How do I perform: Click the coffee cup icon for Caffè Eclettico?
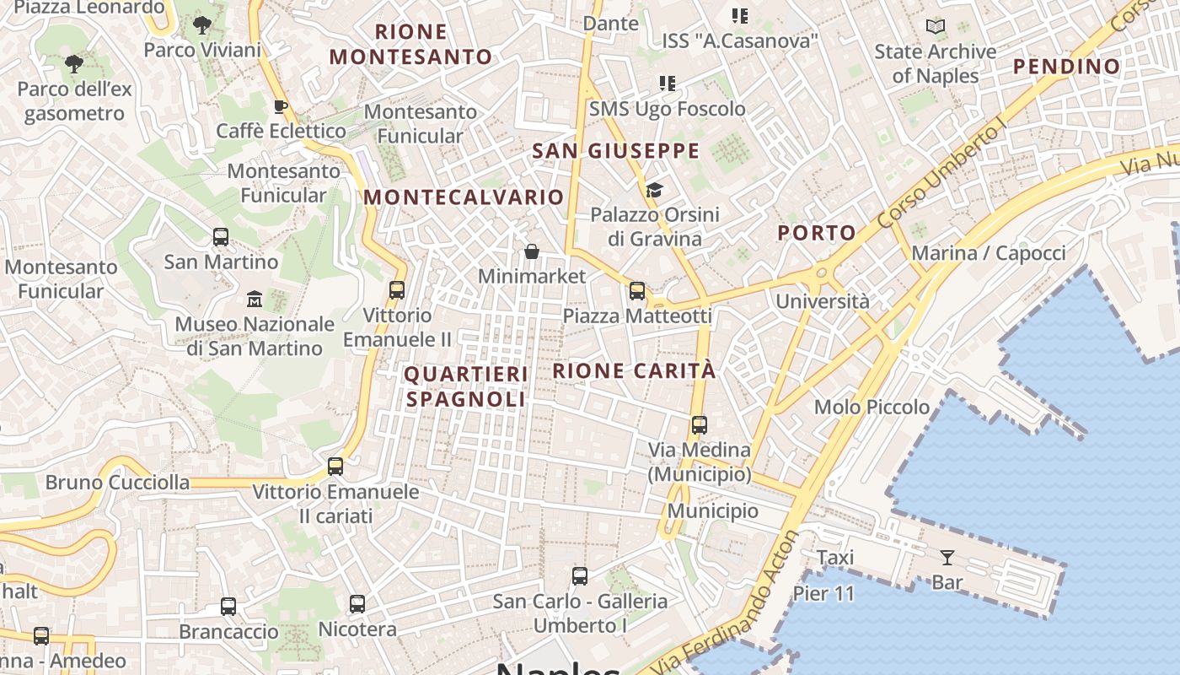tap(281, 106)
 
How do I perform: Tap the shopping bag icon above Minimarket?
tap(532, 251)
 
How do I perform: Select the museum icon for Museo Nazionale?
tap(255, 299)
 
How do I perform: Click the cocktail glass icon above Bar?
tap(947, 557)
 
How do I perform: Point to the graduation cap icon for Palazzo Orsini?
tap(655, 190)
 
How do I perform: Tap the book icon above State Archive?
tap(936, 27)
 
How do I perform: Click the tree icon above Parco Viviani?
tap(202, 25)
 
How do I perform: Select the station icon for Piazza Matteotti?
tap(637, 291)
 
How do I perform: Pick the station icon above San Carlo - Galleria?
tap(580, 576)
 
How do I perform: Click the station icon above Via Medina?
tap(700, 425)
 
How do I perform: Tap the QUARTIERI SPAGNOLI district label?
tap(466, 386)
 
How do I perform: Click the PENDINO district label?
tap(1066, 67)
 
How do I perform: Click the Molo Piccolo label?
tap(872, 408)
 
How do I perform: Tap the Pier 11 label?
tap(823, 593)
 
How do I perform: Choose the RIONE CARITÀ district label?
tap(635, 370)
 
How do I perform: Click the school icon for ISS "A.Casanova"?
tap(740, 15)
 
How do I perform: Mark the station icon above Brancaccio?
tap(228, 606)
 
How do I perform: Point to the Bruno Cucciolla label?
tap(117, 483)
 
